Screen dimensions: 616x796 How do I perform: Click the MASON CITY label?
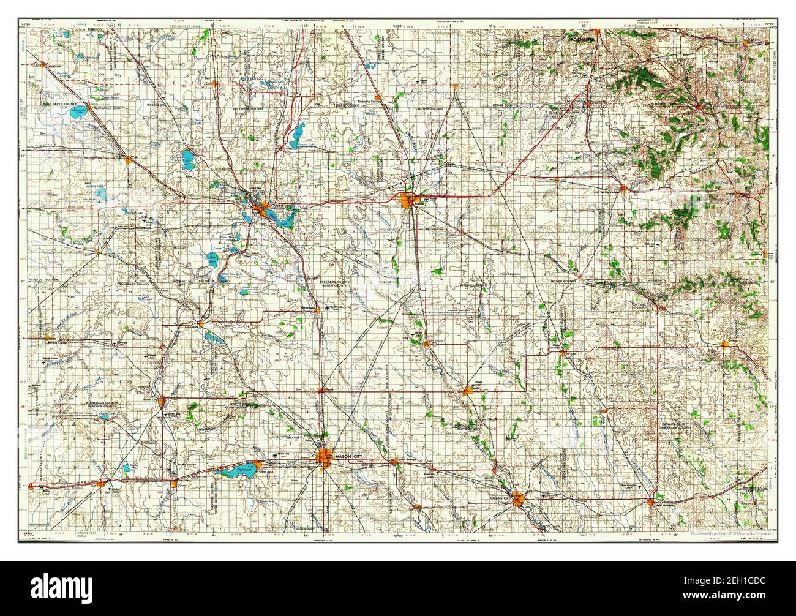click(350, 456)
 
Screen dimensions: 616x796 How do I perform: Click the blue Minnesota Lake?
click(78, 112)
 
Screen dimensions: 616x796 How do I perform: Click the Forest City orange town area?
click(162, 402)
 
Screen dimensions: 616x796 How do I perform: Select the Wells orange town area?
click(128, 160)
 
